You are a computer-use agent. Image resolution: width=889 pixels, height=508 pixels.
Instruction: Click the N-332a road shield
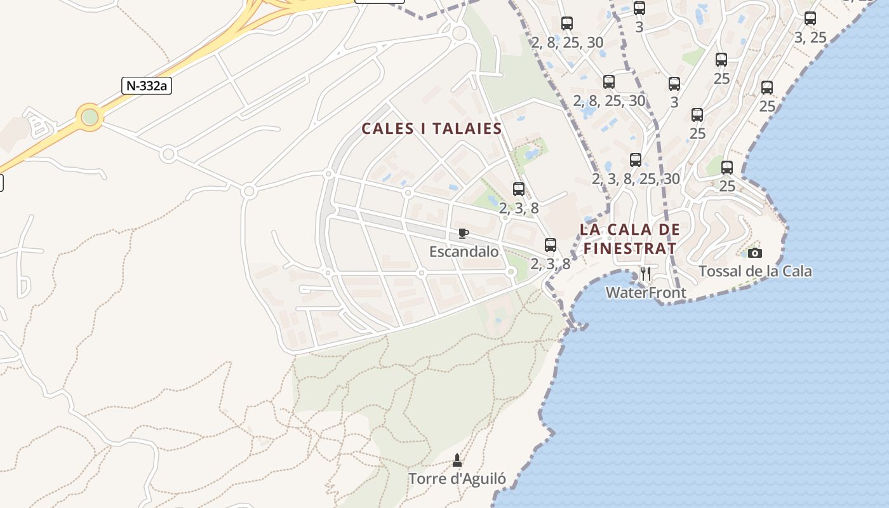pos(147,86)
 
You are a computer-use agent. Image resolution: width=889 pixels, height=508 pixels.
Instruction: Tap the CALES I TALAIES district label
pos(432,129)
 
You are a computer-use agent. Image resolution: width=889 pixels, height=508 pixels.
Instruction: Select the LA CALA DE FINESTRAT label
pos(629,239)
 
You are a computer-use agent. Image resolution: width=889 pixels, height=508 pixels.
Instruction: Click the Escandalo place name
pos(464,251)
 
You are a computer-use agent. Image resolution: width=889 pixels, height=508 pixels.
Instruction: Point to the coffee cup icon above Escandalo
pos(464,233)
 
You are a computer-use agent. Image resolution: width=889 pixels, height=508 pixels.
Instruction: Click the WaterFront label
pos(646,293)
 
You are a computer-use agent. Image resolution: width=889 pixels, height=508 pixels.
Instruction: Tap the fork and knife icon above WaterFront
pos(646,274)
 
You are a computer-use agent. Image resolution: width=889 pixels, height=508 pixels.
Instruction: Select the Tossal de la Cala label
pos(755,272)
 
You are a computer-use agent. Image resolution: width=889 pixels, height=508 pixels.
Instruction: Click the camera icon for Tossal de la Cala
pos(755,253)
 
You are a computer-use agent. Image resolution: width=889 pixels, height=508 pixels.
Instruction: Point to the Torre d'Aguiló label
pos(457,479)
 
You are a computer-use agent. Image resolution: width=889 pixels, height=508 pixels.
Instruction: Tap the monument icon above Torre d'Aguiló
pos(457,459)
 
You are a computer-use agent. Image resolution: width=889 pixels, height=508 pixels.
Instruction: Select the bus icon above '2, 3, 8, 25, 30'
pos(636,160)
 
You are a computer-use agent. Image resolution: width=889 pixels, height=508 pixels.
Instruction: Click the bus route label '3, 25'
pos(810,37)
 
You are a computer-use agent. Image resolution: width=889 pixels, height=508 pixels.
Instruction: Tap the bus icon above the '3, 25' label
pos(810,18)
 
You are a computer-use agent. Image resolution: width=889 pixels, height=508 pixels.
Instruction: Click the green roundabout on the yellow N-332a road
pos(90,117)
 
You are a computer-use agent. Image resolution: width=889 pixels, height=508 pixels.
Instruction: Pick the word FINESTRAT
pos(629,248)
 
